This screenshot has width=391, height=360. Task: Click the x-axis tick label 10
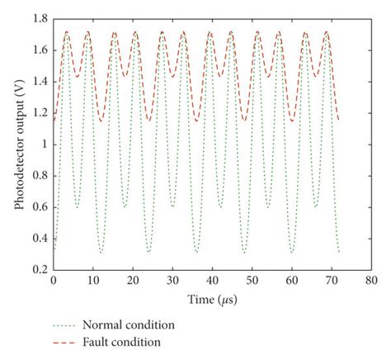[x=92, y=281]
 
